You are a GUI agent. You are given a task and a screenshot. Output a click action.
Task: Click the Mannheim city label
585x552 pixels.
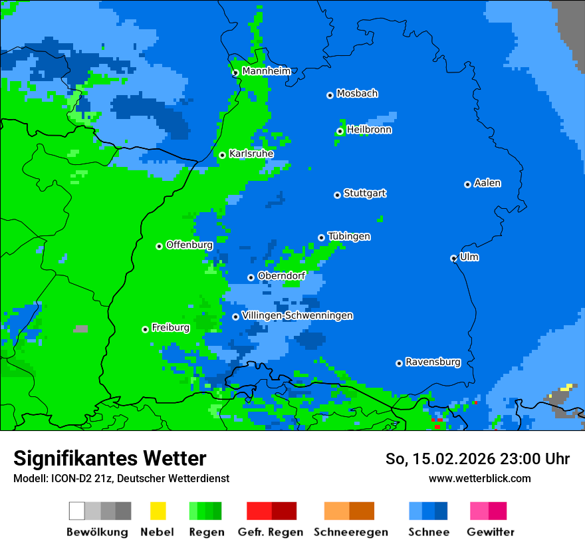266,71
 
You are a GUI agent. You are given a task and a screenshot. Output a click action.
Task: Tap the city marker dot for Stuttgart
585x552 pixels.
337,195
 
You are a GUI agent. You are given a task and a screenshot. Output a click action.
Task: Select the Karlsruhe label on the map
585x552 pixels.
251,154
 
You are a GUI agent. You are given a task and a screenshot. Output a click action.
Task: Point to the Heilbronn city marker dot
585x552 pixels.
340,131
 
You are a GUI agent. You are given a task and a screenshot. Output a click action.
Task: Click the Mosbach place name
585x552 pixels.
357,94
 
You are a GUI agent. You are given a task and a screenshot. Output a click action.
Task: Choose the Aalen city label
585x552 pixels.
487,183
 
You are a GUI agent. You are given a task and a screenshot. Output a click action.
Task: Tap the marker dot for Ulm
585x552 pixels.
453,258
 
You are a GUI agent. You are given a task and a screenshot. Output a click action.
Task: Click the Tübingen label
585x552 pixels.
349,236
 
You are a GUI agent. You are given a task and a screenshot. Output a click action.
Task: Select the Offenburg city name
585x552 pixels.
189,245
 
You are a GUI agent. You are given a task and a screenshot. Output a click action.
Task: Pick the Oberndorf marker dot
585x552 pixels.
251,277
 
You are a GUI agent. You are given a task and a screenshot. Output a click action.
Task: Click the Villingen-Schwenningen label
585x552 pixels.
297,315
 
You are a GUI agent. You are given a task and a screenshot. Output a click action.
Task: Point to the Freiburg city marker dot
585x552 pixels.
145,329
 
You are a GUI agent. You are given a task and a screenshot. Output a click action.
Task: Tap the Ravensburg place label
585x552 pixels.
433,362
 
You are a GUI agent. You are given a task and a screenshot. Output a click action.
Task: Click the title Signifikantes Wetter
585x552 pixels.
110,458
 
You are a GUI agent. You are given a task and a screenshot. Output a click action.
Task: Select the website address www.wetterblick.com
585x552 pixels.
479,478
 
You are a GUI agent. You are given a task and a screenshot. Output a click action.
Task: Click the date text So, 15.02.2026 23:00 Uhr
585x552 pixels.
477,459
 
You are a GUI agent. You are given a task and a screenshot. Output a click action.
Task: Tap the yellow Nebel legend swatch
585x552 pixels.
158,511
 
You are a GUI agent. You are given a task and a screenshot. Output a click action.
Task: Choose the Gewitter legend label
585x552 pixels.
490,532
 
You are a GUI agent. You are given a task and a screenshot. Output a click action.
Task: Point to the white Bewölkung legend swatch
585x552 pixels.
77,511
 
